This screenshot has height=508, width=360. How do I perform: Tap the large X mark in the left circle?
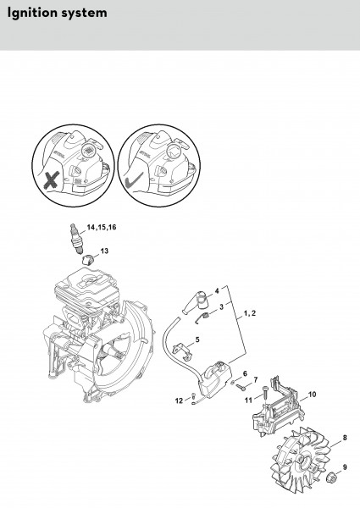(52, 179)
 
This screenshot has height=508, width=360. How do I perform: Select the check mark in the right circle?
(134, 180)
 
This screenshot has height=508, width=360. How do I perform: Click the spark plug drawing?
(76, 238)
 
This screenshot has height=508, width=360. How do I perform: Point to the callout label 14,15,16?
(102, 227)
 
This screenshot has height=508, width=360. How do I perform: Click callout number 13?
(104, 251)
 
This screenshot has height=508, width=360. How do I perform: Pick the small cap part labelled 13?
(87, 260)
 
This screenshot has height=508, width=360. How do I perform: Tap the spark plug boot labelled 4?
(196, 301)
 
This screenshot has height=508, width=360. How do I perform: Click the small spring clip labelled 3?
(202, 317)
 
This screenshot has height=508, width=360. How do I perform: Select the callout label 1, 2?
(250, 313)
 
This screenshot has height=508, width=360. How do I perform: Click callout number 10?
(312, 395)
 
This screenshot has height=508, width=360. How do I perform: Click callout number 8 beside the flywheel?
(345, 438)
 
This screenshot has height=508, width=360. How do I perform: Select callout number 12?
(180, 400)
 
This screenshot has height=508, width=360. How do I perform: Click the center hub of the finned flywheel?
(304, 460)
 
